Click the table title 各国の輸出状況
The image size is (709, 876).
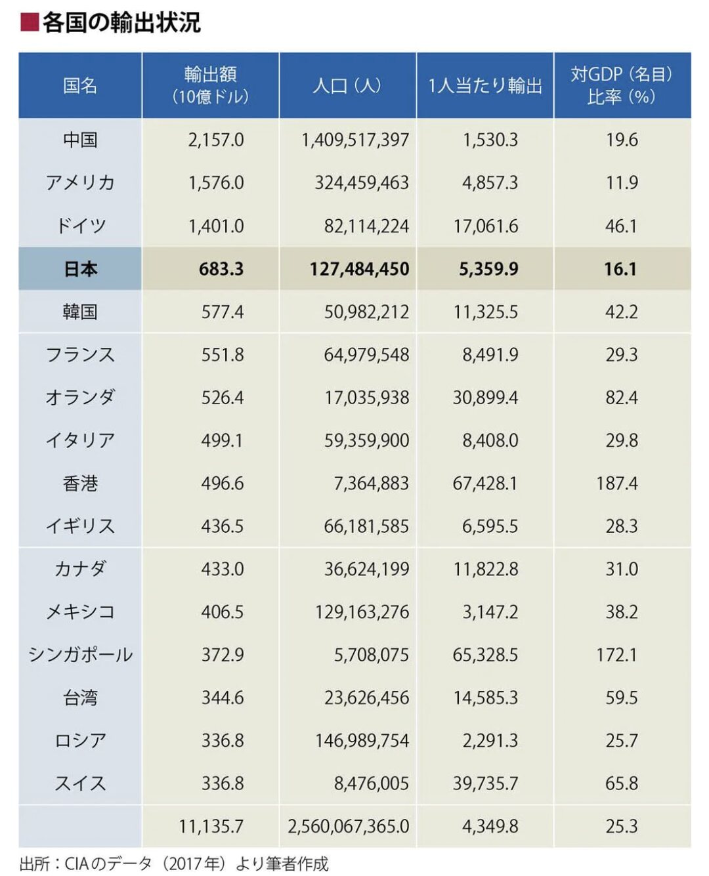(121, 23)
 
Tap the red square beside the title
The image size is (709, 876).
(30, 22)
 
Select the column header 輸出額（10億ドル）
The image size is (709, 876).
(211, 85)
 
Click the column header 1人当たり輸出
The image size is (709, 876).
(485, 86)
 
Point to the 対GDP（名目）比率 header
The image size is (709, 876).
(622, 85)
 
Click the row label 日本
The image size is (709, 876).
(80, 269)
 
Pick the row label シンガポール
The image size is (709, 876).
(80, 655)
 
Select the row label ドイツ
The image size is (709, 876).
(80, 226)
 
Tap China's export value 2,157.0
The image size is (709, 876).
(216, 140)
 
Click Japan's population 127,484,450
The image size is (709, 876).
(359, 269)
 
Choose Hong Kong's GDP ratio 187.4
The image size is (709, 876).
(617, 484)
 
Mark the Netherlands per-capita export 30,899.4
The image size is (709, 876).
(485, 398)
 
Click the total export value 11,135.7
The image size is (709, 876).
(211, 826)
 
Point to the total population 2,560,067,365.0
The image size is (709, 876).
(348, 826)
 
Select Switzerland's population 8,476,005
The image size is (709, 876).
(371, 783)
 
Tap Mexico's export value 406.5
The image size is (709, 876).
(223, 612)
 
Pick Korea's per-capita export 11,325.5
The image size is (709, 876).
(485, 312)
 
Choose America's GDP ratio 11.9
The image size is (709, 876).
(622, 183)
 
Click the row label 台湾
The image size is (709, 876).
(80, 698)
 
